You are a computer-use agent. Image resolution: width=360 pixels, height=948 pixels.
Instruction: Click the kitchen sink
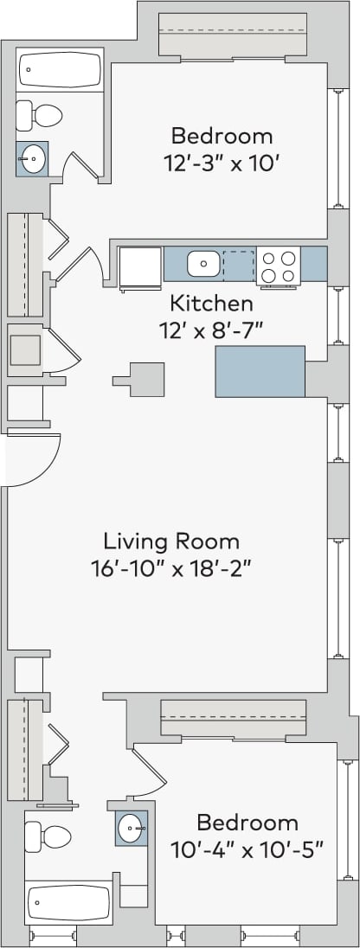(x=203, y=263)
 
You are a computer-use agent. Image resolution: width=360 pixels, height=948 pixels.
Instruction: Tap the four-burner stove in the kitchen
(x=278, y=265)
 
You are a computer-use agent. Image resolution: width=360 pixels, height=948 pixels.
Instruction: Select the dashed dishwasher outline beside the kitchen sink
(x=239, y=264)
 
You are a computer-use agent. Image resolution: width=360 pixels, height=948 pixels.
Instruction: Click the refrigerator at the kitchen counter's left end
(x=140, y=266)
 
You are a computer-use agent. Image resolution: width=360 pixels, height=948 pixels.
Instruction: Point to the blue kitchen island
(x=260, y=371)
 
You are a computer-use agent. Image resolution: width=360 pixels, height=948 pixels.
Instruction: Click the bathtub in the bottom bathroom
(x=68, y=903)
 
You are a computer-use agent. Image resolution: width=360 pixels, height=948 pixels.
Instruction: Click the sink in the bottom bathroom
(x=132, y=827)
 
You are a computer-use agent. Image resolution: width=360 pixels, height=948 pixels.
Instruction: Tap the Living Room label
(x=171, y=541)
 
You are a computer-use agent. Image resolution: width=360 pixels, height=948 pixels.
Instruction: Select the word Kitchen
(x=211, y=304)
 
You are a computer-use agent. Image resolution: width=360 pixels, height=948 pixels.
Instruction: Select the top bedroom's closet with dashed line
(x=232, y=35)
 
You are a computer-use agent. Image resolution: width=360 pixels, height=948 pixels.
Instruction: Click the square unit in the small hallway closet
(x=25, y=350)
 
